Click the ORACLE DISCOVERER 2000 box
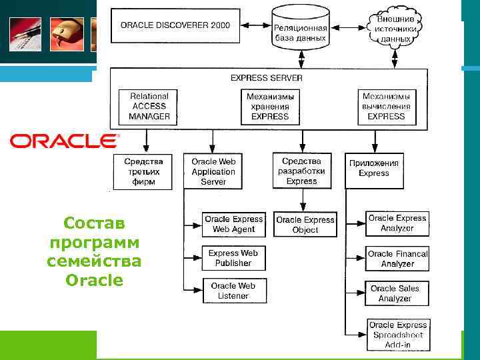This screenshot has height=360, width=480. (x=175, y=25)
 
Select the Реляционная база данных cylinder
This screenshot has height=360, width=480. (x=301, y=30)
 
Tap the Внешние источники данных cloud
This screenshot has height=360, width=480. (x=395, y=29)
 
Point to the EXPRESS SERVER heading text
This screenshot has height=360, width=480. (x=266, y=78)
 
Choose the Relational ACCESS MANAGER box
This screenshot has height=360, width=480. (x=149, y=107)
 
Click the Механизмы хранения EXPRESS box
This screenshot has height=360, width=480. (x=270, y=107)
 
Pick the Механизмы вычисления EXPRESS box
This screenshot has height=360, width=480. (x=386, y=107)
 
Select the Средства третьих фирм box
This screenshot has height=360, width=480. (x=143, y=171)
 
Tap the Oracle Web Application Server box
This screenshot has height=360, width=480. (x=213, y=171)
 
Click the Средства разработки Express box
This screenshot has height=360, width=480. (x=301, y=171)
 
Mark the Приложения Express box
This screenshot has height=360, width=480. (x=373, y=168)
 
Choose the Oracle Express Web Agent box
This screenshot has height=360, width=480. (x=234, y=224)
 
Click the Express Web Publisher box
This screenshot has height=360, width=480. (x=233, y=258)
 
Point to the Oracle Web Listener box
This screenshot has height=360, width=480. (x=233, y=291)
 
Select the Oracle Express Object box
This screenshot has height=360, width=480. (x=305, y=225)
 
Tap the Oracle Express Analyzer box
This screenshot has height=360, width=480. (x=397, y=223)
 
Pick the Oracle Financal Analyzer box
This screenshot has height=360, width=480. (x=397, y=259)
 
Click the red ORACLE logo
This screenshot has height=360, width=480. (x=64, y=141)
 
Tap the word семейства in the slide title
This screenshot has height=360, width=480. (x=94, y=261)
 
